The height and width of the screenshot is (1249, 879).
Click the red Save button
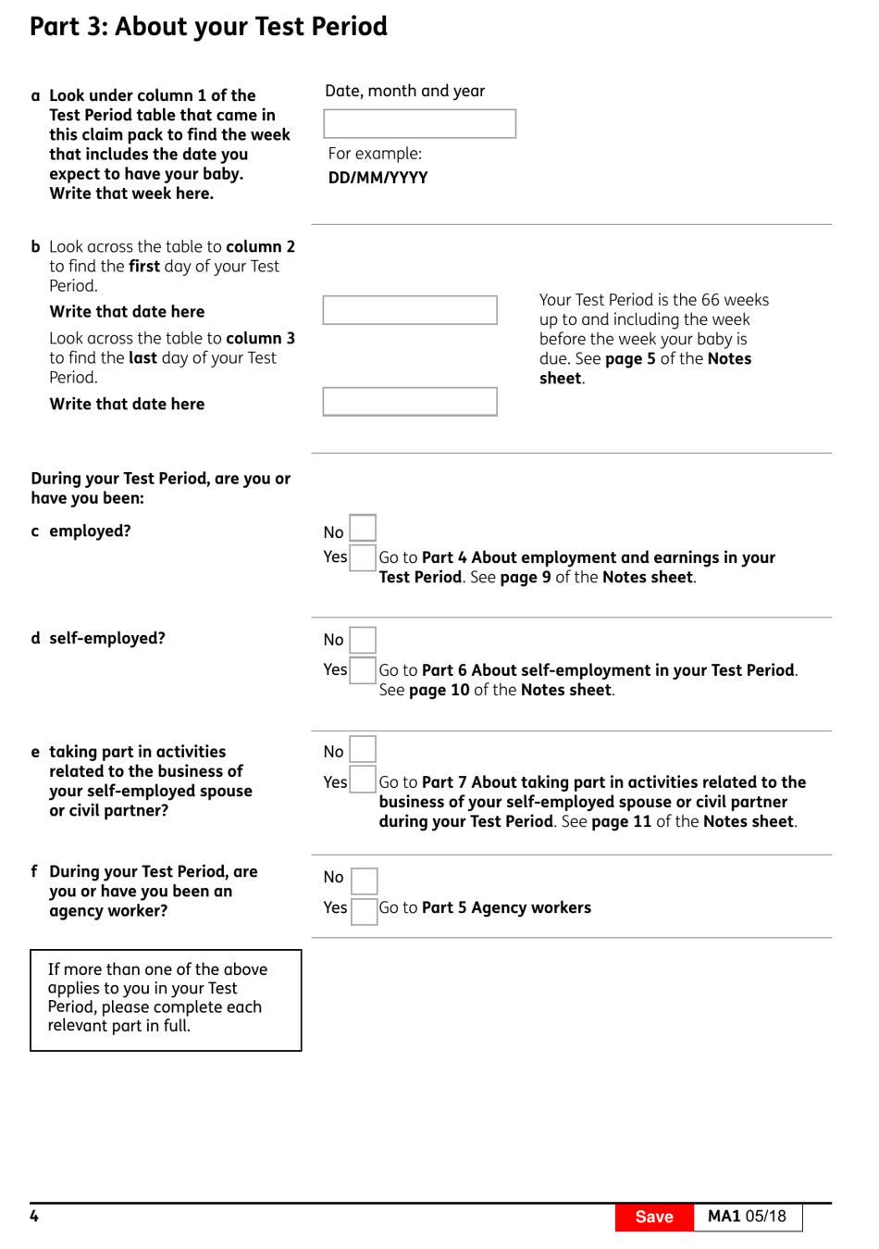[653, 1217]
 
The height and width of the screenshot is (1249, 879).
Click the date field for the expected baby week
[419, 124]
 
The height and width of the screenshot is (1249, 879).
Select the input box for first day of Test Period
[410, 310]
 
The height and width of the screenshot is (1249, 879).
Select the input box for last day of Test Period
[410, 402]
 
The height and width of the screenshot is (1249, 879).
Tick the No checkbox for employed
[363, 528]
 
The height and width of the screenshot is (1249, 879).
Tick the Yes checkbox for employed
[363, 557]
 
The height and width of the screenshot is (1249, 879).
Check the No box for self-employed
[363, 640]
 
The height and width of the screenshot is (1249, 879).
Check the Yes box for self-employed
[363, 670]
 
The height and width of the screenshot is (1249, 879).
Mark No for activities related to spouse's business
[363, 749]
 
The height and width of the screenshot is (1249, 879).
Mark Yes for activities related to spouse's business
[363, 780]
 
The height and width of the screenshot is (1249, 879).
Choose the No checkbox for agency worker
[365, 881]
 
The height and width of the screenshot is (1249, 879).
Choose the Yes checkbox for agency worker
[365, 911]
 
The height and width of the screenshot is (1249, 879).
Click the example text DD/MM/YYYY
[378, 178]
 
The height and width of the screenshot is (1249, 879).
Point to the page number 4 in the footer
[34, 1216]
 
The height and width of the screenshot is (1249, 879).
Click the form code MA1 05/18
[747, 1217]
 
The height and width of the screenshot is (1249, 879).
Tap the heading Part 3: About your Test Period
[208, 27]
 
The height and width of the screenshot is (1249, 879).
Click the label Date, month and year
[404, 91]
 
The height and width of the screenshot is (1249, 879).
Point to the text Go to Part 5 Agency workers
[485, 907]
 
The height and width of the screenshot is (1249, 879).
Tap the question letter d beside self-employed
[35, 638]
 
